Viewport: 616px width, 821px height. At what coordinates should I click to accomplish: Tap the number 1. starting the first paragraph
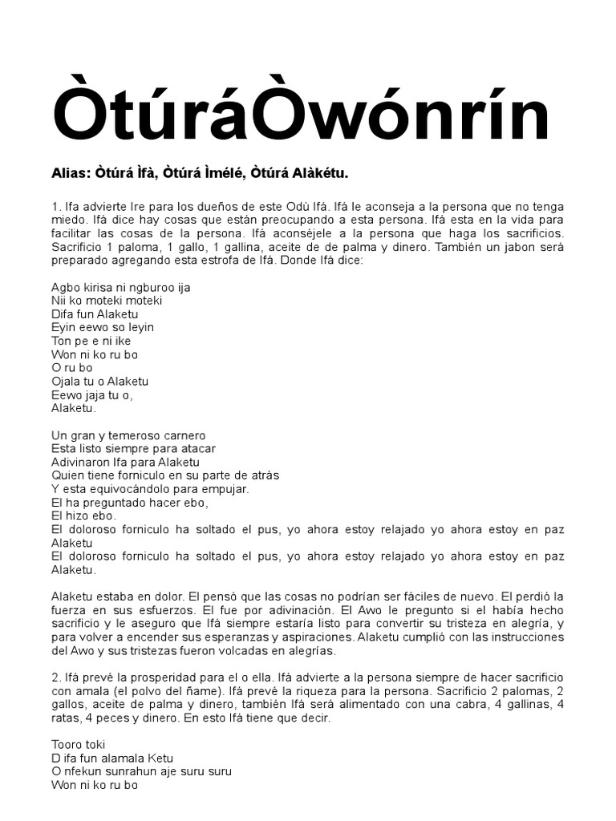pos(56,206)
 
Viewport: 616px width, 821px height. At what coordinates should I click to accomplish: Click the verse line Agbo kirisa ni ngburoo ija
pos(120,287)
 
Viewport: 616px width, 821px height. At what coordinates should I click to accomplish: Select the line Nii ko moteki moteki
pos(107,301)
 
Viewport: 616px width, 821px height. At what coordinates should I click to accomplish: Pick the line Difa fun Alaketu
pos(95,314)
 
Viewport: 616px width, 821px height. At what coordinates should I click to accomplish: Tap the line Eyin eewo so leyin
pos(103,328)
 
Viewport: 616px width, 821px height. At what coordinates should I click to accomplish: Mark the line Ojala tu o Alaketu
pos(99,382)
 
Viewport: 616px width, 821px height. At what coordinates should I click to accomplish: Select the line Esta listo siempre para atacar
pos(133,449)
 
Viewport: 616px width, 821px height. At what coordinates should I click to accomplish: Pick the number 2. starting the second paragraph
pos(56,677)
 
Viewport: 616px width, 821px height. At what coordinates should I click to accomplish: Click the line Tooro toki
pos(78,745)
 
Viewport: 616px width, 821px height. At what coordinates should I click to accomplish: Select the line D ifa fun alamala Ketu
pos(112,758)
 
